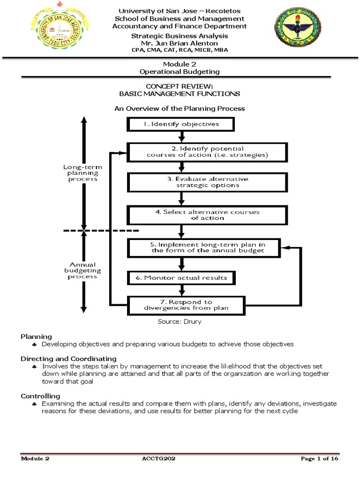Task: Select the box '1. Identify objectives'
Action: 181,124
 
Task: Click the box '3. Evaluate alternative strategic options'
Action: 208,182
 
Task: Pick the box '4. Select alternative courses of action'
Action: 208,215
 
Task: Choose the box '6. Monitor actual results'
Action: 181,278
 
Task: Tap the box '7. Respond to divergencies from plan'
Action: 186,306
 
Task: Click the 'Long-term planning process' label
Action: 82,173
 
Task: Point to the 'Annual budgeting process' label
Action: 82,270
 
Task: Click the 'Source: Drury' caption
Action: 180,322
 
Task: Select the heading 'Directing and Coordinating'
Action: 68,359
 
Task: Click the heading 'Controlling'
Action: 40,396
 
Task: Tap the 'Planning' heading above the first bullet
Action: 36,337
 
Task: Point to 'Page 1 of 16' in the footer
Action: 319,458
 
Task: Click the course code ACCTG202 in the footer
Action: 158,458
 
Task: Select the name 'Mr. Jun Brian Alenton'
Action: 180,43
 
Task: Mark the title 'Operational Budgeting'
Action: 180,72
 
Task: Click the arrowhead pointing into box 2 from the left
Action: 124,153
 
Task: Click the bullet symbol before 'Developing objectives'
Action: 35,345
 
